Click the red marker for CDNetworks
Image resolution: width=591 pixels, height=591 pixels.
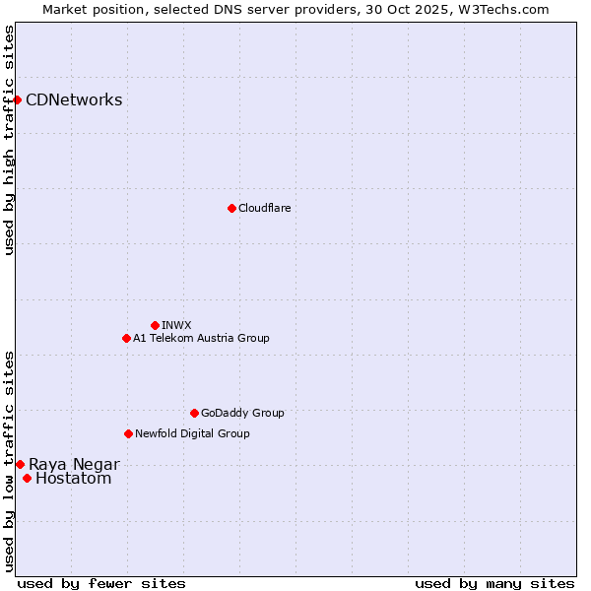17,99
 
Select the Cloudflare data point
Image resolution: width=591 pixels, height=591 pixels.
231,208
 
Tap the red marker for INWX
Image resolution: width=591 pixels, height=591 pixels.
155,325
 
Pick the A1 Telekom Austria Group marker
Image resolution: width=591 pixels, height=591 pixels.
126,338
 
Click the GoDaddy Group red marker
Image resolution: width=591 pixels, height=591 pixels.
194,413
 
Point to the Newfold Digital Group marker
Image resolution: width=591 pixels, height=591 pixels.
128,433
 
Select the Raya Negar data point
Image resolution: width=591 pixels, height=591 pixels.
20,464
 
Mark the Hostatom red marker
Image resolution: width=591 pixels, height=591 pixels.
27,479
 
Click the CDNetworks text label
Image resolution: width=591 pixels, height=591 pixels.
74,99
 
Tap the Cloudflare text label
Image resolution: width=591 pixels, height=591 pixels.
264,208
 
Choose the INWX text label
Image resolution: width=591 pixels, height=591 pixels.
176,325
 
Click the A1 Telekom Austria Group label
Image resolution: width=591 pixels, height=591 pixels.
201,338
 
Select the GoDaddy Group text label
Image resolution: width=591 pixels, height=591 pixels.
242,413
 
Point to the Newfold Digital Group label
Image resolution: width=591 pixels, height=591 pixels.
192,433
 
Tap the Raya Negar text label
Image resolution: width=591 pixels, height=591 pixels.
74,464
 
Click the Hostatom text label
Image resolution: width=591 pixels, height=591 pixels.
73,479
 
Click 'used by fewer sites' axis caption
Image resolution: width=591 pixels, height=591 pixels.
101,583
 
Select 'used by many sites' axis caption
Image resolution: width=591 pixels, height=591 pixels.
494,583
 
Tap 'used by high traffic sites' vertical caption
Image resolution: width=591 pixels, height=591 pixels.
9,140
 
